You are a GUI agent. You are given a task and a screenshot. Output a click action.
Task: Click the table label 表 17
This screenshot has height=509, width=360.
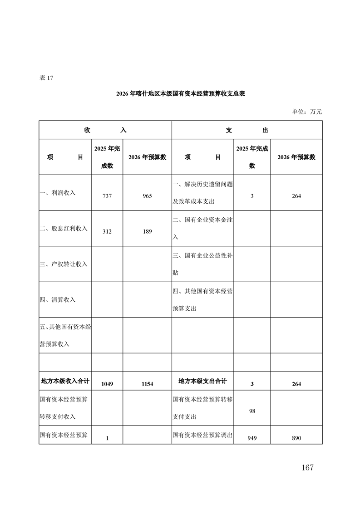(x=46, y=78)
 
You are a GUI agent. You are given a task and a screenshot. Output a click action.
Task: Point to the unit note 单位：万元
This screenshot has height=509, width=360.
(x=307, y=112)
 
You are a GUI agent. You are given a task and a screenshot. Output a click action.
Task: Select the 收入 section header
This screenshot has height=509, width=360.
(x=105, y=130)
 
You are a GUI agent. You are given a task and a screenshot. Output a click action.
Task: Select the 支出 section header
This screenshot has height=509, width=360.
(x=247, y=130)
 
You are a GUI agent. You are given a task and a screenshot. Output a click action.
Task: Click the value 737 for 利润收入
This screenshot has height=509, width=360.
(x=107, y=196)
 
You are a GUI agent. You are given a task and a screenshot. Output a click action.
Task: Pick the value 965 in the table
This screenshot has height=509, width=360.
(x=147, y=196)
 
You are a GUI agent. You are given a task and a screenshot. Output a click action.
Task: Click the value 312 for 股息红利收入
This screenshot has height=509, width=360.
(x=107, y=231)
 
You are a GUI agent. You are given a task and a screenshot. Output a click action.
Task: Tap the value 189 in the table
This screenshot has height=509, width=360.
(x=147, y=231)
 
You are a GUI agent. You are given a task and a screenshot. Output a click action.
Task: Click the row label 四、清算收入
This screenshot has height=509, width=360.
(x=58, y=300)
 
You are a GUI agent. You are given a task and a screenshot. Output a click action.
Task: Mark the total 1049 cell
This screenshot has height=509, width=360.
(x=107, y=384)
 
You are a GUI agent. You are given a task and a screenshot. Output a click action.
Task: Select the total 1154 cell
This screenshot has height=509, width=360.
(x=147, y=384)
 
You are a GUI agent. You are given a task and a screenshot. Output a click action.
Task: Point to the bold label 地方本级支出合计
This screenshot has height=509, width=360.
(x=202, y=381)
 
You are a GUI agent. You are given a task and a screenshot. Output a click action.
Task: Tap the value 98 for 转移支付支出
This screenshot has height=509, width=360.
(x=252, y=411)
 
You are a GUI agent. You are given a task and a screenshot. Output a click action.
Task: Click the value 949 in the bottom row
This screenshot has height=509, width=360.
(x=252, y=438)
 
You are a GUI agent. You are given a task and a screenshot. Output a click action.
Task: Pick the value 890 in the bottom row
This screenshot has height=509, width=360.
(x=296, y=438)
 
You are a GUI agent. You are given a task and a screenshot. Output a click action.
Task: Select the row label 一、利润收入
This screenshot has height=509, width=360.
(x=58, y=193)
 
